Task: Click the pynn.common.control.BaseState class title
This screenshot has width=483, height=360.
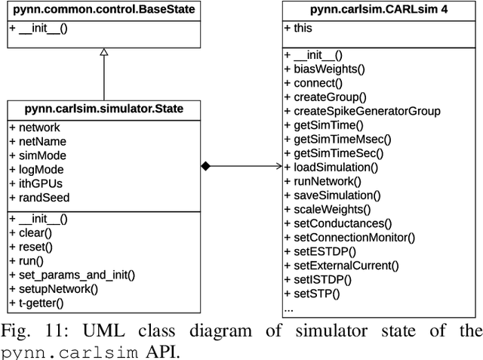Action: tap(104, 11)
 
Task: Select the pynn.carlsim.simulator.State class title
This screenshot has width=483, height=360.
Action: tap(103, 109)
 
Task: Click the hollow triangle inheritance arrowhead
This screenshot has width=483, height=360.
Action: tap(104, 53)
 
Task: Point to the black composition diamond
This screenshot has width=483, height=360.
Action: tap(205, 166)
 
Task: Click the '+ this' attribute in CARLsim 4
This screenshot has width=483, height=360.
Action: tap(299, 27)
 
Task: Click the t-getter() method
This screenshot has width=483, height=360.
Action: tap(37, 303)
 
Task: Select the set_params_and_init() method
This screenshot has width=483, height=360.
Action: tap(72, 275)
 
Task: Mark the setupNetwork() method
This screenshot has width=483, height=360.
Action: tap(54, 288)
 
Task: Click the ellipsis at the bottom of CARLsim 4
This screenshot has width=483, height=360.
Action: tap(288, 309)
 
